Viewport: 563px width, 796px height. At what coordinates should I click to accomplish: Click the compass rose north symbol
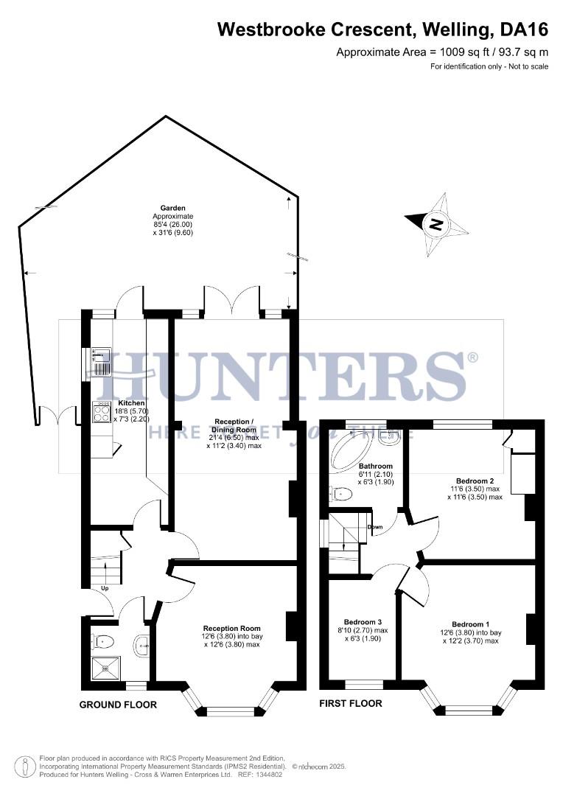[x=436, y=224]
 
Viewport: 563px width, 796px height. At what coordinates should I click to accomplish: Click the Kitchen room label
[x=132, y=403]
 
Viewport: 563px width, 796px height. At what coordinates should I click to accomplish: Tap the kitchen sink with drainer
[x=101, y=362]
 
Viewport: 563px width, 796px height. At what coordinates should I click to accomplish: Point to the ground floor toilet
[x=102, y=640]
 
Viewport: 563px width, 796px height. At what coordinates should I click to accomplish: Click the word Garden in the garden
[x=173, y=208]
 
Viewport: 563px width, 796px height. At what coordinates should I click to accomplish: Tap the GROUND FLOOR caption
[x=118, y=705]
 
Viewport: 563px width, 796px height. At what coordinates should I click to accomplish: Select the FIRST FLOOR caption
[x=350, y=703]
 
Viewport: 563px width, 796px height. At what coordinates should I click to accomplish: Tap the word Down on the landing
[x=375, y=527]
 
